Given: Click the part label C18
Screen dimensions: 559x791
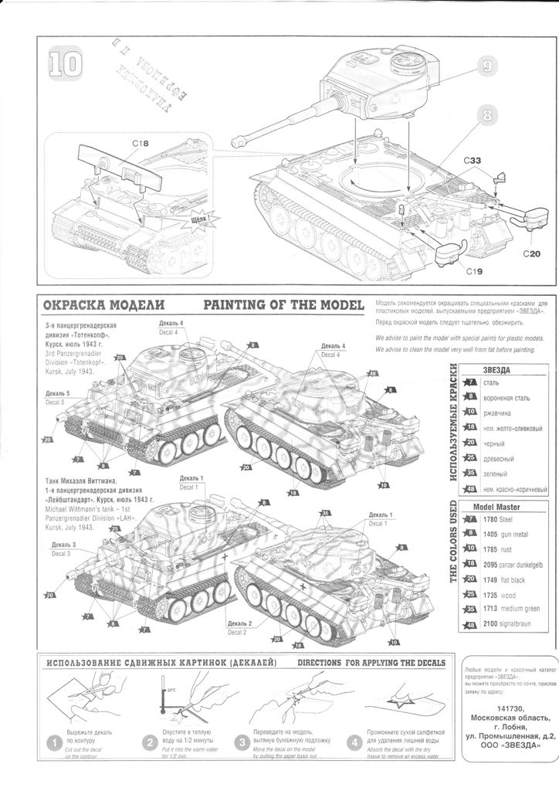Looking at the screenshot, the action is click(x=140, y=144).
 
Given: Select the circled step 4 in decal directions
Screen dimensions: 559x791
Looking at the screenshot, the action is click(x=355, y=743).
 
